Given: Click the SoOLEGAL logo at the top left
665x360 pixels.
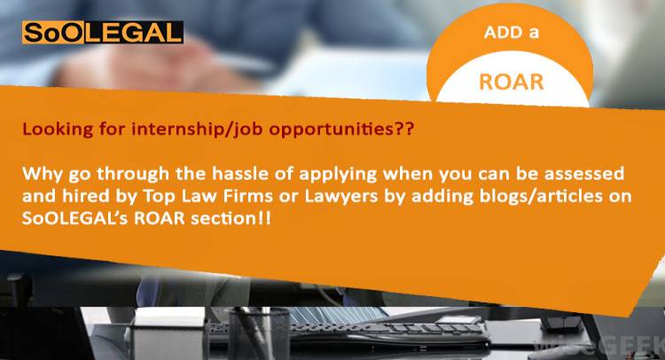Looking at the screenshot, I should coord(102,33).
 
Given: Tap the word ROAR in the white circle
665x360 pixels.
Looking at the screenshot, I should coord(511,82).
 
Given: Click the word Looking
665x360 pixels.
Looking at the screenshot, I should coord(52,129).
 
